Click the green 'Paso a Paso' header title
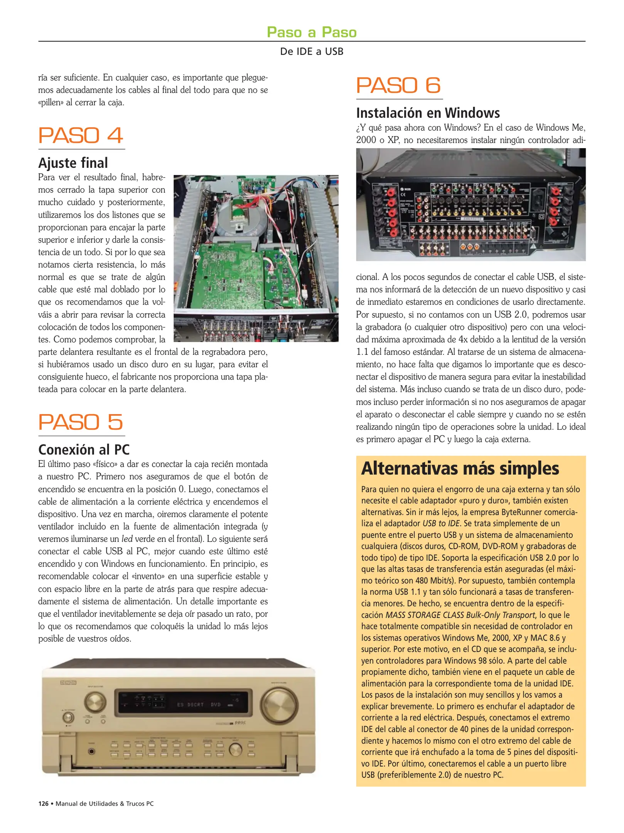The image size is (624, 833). (x=312, y=32)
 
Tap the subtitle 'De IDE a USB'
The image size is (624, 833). (x=312, y=51)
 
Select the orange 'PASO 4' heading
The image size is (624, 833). (x=81, y=135)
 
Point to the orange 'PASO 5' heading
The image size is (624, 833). (x=81, y=422)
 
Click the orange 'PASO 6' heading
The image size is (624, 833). (x=398, y=85)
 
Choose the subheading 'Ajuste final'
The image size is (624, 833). (x=73, y=163)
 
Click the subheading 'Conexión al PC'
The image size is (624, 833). (x=84, y=450)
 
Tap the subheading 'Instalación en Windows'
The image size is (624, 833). (x=428, y=113)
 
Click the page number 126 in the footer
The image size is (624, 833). (x=43, y=804)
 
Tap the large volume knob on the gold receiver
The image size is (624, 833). (x=279, y=703)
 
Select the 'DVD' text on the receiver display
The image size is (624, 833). (x=216, y=705)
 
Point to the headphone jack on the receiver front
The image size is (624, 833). (x=91, y=751)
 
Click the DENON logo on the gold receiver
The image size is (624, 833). (x=68, y=683)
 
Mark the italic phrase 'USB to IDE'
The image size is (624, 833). (x=441, y=524)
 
